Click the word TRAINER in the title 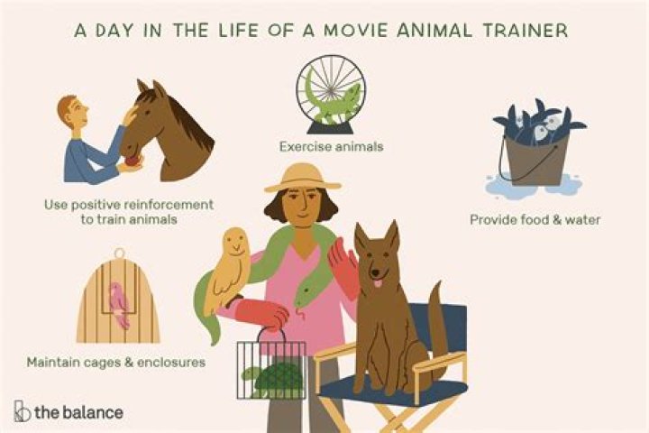click(x=522, y=30)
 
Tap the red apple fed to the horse click(x=133, y=161)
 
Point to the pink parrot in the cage click(x=119, y=302)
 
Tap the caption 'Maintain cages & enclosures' click(x=114, y=363)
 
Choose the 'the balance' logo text click(x=78, y=412)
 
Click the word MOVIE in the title click(x=344, y=30)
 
